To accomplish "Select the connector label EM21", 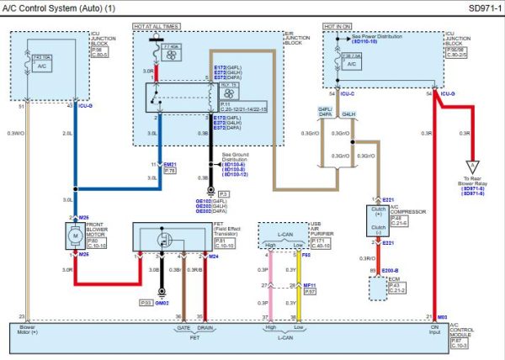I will point(170,163).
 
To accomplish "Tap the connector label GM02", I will point(160,302).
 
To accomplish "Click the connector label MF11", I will point(309,286).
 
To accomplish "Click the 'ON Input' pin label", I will point(435,331).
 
